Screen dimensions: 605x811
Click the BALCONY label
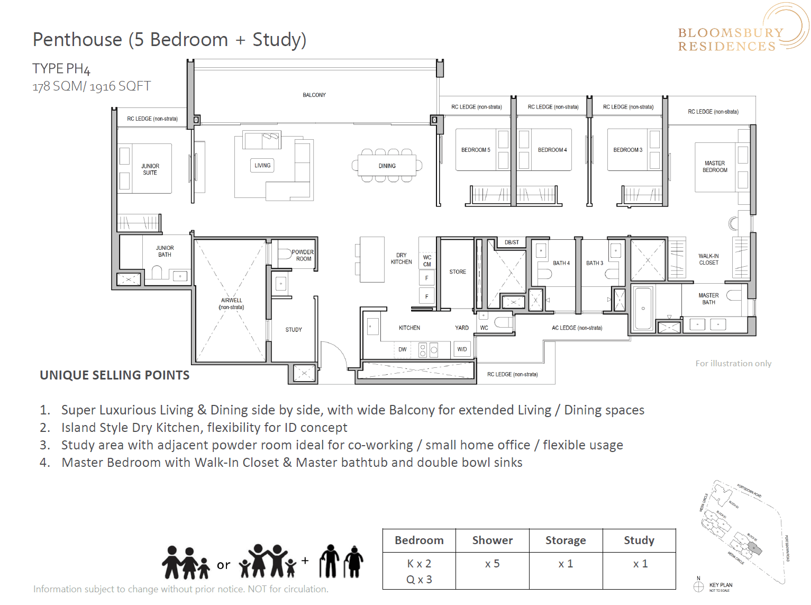point(314,95)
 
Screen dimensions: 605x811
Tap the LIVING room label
point(262,166)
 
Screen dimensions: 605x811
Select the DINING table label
point(387,166)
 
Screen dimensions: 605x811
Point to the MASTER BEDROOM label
point(715,167)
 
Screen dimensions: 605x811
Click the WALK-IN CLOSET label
point(708,259)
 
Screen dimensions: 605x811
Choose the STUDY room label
point(294,330)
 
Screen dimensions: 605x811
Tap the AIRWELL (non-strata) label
point(232,304)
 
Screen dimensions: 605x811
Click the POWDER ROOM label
point(303,256)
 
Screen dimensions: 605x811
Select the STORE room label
point(458,272)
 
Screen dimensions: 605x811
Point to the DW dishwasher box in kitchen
point(403,349)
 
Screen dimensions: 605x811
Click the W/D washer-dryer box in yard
point(462,349)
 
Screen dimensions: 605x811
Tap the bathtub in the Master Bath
point(643,308)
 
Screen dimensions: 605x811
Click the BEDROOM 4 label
point(552,150)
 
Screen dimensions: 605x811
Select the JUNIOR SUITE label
point(150,169)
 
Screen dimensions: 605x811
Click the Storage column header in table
point(566,540)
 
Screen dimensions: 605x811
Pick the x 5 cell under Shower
point(492,564)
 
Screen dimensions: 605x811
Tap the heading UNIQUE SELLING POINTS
point(115,375)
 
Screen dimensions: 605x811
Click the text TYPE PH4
point(61,69)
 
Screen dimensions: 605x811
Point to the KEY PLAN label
point(721,585)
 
